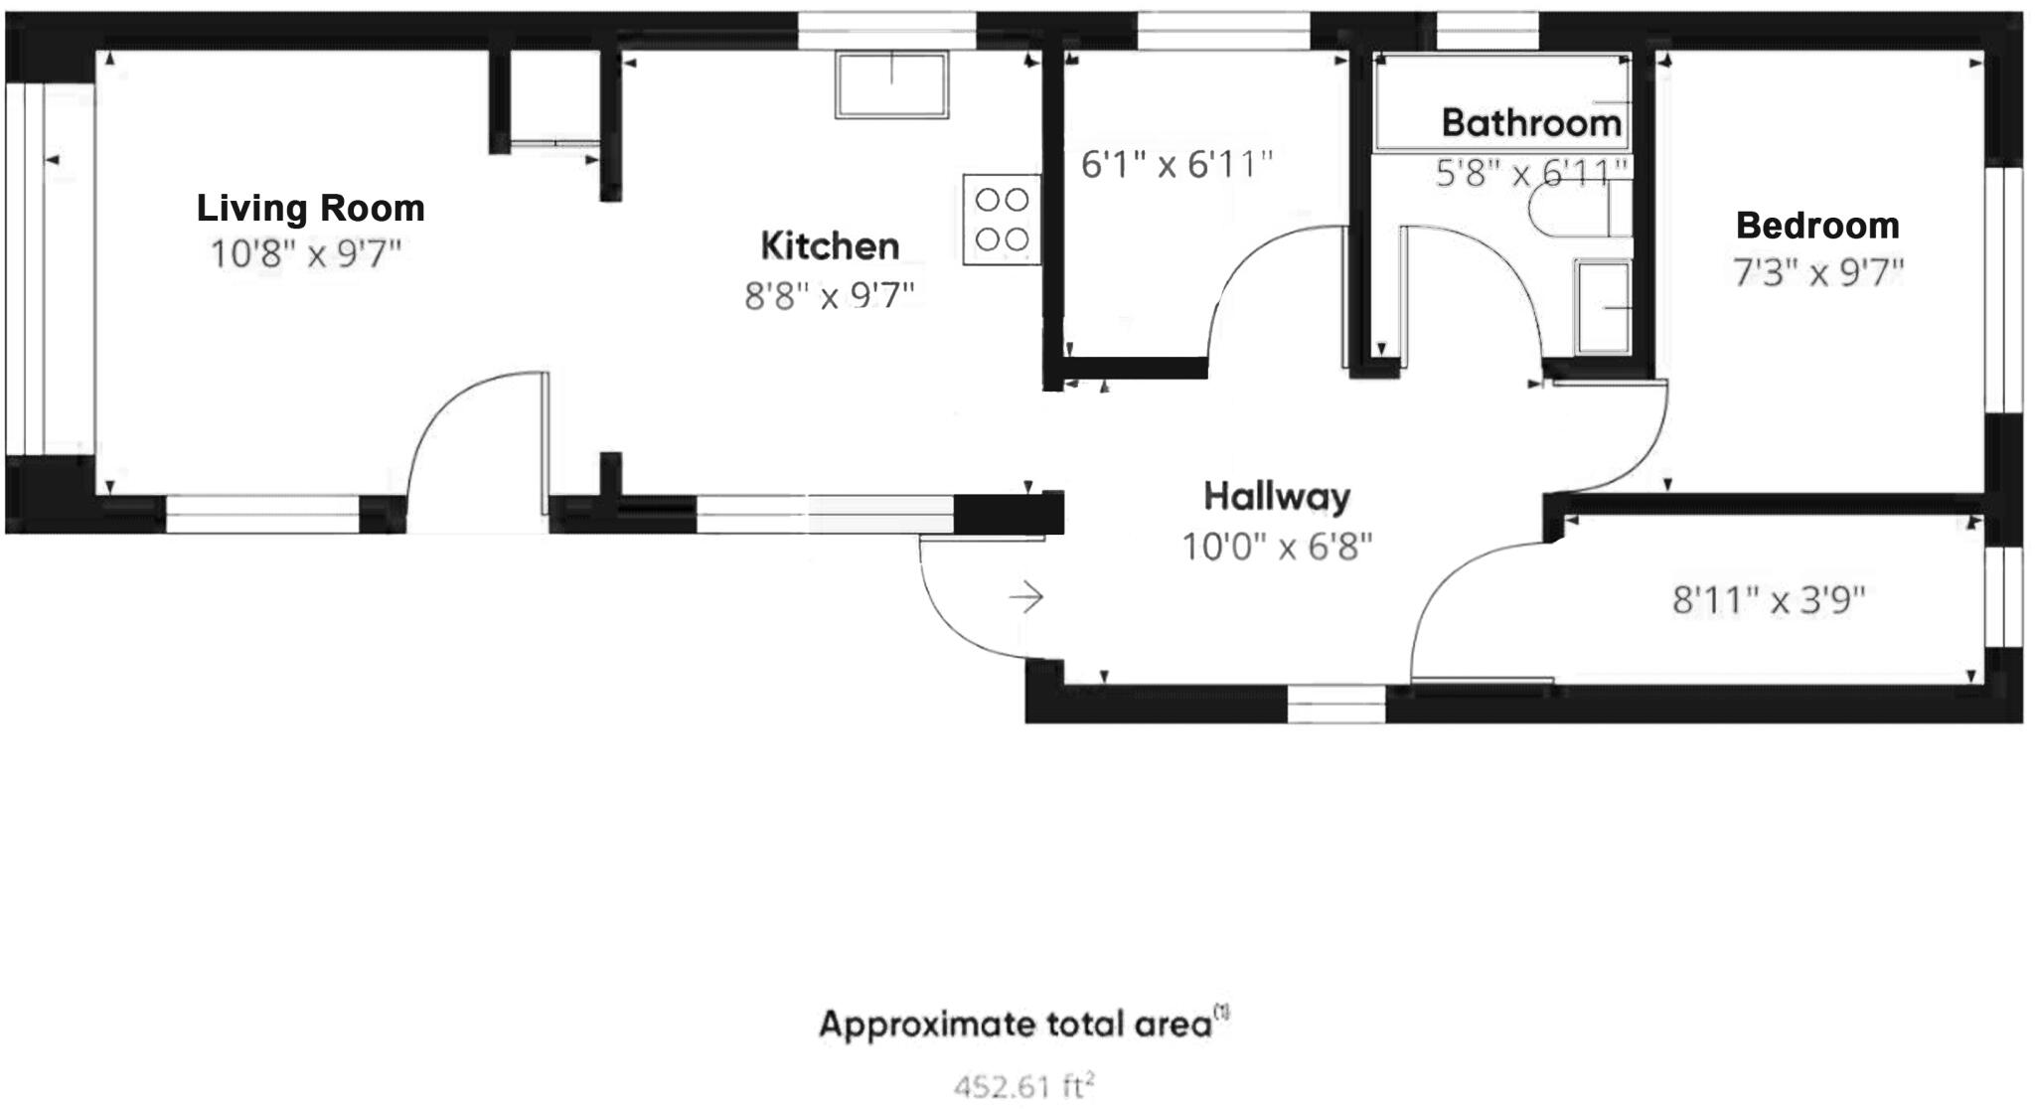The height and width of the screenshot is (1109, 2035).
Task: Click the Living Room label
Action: click(x=310, y=208)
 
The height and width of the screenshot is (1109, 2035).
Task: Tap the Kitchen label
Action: click(x=830, y=245)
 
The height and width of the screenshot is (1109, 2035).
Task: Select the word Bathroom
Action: click(x=1531, y=123)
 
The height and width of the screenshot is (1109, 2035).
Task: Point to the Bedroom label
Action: click(x=1817, y=226)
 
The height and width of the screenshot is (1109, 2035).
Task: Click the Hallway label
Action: click(x=1277, y=496)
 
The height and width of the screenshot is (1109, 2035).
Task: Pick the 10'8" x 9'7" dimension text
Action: click(x=306, y=254)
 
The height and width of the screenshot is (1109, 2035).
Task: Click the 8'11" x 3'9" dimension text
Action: click(x=1769, y=600)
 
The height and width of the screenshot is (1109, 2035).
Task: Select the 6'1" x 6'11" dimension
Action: click(x=1176, y=164)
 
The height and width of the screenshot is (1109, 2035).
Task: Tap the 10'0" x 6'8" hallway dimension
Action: click(x=1277, y=546)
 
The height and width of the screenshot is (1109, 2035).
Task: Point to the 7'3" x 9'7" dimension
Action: click(x=1818, y=272)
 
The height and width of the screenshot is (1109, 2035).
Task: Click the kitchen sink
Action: click(x=891, y=85)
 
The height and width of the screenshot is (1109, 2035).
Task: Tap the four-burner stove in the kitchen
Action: click(x=1002, y=220)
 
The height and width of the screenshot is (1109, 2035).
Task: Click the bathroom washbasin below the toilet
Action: click(x=1602, y=306)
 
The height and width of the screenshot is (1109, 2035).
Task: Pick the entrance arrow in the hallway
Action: click(x=1026, y=597)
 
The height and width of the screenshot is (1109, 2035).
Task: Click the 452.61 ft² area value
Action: click(x=1023, y=1086)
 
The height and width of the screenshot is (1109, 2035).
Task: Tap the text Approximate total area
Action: click(x=1016, y=1024)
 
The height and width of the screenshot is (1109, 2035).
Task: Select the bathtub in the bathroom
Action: click(x=1500, y=102)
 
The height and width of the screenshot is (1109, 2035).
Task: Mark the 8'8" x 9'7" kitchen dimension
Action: click(x=830, y=295)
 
